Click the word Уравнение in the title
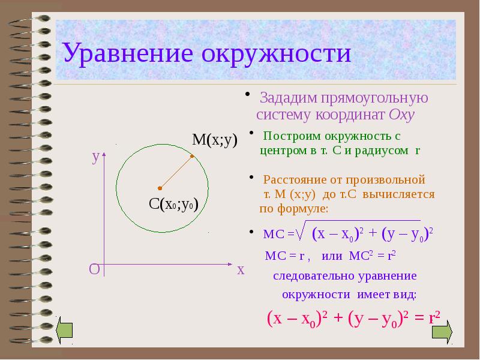click(x=128, y=53)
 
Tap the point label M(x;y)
click(x=215, y=140)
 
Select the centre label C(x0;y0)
click(x=173, y=204)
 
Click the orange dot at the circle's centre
click(x=159, y=187)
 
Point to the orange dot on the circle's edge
click(x=192, y=157)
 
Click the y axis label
click(x=95, y=157)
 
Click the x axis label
click(x=241, y=270)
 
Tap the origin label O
click(x=94, y=269)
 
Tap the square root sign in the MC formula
click(x=302, y=230)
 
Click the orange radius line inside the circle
click(x=176, y=172)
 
